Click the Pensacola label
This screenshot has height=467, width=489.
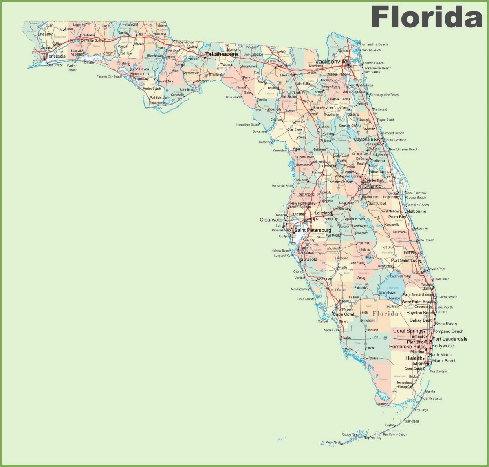tap(55, 56)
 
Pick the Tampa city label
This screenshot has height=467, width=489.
tap(312, 219)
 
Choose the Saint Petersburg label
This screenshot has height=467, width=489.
tap(313, 230)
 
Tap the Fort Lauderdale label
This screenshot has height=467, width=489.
tap(450, 339)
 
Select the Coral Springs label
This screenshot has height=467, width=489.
tap(407, 331)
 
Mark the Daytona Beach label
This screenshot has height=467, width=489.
tap(368, 140)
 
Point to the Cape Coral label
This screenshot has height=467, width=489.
tap(343, 314)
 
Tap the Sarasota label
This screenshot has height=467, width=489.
tap(308, 260)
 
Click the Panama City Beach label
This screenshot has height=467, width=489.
tap(109, 76)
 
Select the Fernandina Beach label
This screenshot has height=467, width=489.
tap(374, 44)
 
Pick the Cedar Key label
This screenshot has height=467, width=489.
tap(265, 142)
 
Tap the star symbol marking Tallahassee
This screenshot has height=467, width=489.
tap(205, 57)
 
